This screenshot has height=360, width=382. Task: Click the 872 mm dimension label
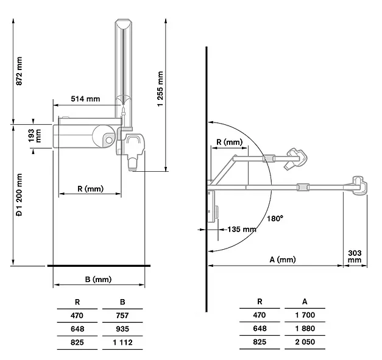[x=19, y=71]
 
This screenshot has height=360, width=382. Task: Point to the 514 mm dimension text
[x=85, y=99]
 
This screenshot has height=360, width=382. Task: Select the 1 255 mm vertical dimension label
[x=160, y=89]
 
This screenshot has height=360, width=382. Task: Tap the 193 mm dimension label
[x=35, y=136]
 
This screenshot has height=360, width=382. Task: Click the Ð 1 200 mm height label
[x=19, y=195]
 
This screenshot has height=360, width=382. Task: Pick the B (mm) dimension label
[x=99, y=279]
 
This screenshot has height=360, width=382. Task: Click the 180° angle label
[x=275, y=219]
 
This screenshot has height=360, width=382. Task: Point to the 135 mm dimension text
[x=242, y=230]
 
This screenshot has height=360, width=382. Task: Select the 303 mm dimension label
[x=355, y=256]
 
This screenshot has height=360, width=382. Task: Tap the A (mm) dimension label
[x=283, y=259]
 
